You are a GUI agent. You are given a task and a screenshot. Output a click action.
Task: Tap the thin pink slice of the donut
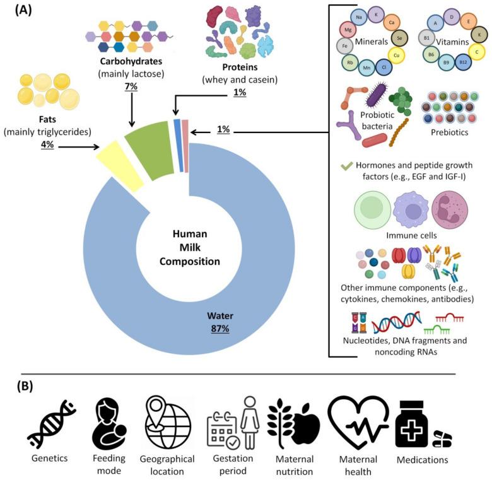click(185, 144)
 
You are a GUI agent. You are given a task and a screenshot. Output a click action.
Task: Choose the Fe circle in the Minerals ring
click(344, 46)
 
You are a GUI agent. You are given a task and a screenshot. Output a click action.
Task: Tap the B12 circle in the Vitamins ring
click(464, 62)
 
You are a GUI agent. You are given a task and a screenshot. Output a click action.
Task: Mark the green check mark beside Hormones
click(346, 167)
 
